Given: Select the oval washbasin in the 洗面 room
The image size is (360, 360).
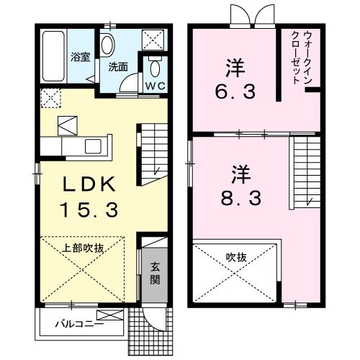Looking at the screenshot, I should [x=107, y=45].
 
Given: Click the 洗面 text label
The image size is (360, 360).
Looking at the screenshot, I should [x=119, y=67].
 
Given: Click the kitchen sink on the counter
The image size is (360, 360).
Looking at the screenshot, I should [x=93, y=146].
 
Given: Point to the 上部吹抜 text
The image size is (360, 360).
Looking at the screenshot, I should [x=85, y=248].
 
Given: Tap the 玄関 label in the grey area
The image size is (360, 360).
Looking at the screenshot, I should [x=155, y=272].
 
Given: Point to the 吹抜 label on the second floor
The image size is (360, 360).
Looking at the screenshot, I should [x=236, y=256].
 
